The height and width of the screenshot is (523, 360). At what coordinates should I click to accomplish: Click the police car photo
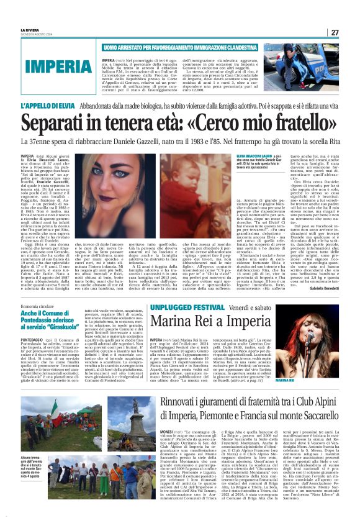(318, 65)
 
